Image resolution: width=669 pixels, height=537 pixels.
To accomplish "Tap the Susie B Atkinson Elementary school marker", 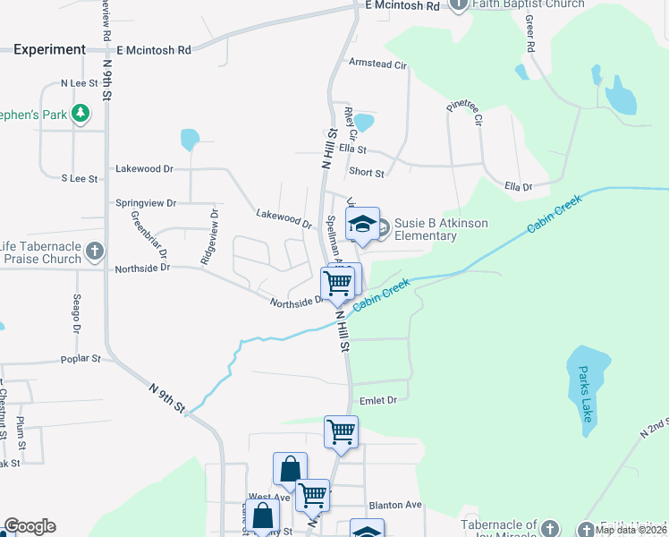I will click(x=362, y=225).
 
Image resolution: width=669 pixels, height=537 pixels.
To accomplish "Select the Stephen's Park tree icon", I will click(x=80, y=113).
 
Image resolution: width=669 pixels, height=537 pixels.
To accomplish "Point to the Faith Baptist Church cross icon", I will click(x=459, y=4).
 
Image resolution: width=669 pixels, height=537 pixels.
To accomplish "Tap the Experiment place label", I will click(x=50, y=50).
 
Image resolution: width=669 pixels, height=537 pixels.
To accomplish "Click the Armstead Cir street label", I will click(x=377, y=64).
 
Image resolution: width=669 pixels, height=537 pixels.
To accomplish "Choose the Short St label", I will click(x=367, y=173).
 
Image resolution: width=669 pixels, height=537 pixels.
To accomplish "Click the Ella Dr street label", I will click(x=519, y=187).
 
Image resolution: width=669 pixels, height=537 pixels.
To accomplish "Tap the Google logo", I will click(x=30, y=526).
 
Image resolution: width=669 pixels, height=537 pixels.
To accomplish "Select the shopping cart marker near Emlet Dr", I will click(x=341, y=431).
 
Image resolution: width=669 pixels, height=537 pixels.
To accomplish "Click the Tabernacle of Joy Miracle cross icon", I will click(x=550, y=528).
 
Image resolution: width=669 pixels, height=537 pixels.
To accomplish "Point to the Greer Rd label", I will click(x=529, y=32).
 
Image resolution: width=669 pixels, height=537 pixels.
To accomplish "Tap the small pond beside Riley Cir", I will click(x=364, y=122).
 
